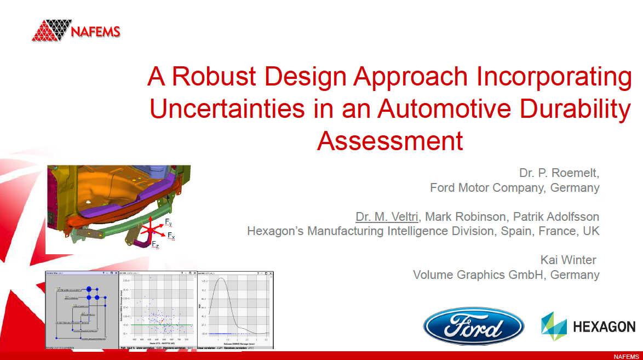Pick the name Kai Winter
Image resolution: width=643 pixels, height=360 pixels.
[568, 259]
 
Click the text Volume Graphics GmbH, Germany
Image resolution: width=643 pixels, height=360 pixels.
[506, 275]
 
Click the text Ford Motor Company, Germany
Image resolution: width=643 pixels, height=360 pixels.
[514, 188]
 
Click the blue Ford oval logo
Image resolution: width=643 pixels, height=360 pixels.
[473, 327]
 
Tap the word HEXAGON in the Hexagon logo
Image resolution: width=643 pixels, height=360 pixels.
[604, 327]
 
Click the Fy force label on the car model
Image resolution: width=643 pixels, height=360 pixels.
[169, 222]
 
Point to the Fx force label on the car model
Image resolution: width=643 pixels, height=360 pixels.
[171, 236]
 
